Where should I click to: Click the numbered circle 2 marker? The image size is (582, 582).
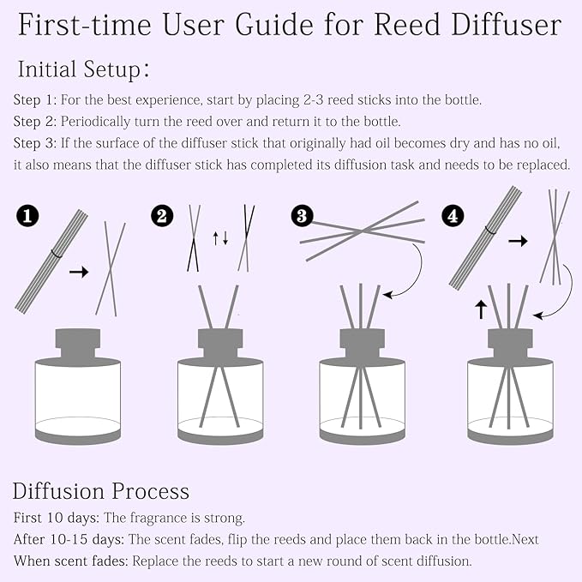click(x=161, y=216)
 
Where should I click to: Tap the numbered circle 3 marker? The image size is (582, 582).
click(x=302, y=216)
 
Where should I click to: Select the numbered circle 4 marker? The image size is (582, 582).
click(x=453, y=217)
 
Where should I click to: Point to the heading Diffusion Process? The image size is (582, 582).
click(x=100, y=491)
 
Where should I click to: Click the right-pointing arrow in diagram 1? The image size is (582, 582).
click(x=79, y=272)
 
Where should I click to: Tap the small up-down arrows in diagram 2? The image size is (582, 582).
click(x=220, y=237)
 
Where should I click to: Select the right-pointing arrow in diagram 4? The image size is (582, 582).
click(x=518, y=242)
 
